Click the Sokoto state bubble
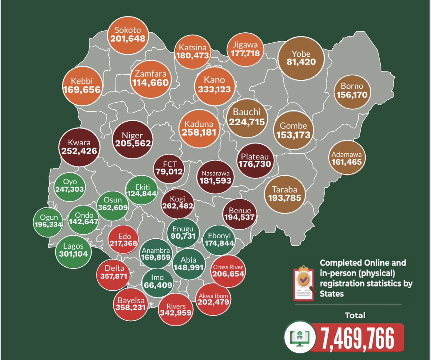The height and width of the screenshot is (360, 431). click(x=128, y=34)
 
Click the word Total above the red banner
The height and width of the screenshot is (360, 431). click(x=355, y=315)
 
